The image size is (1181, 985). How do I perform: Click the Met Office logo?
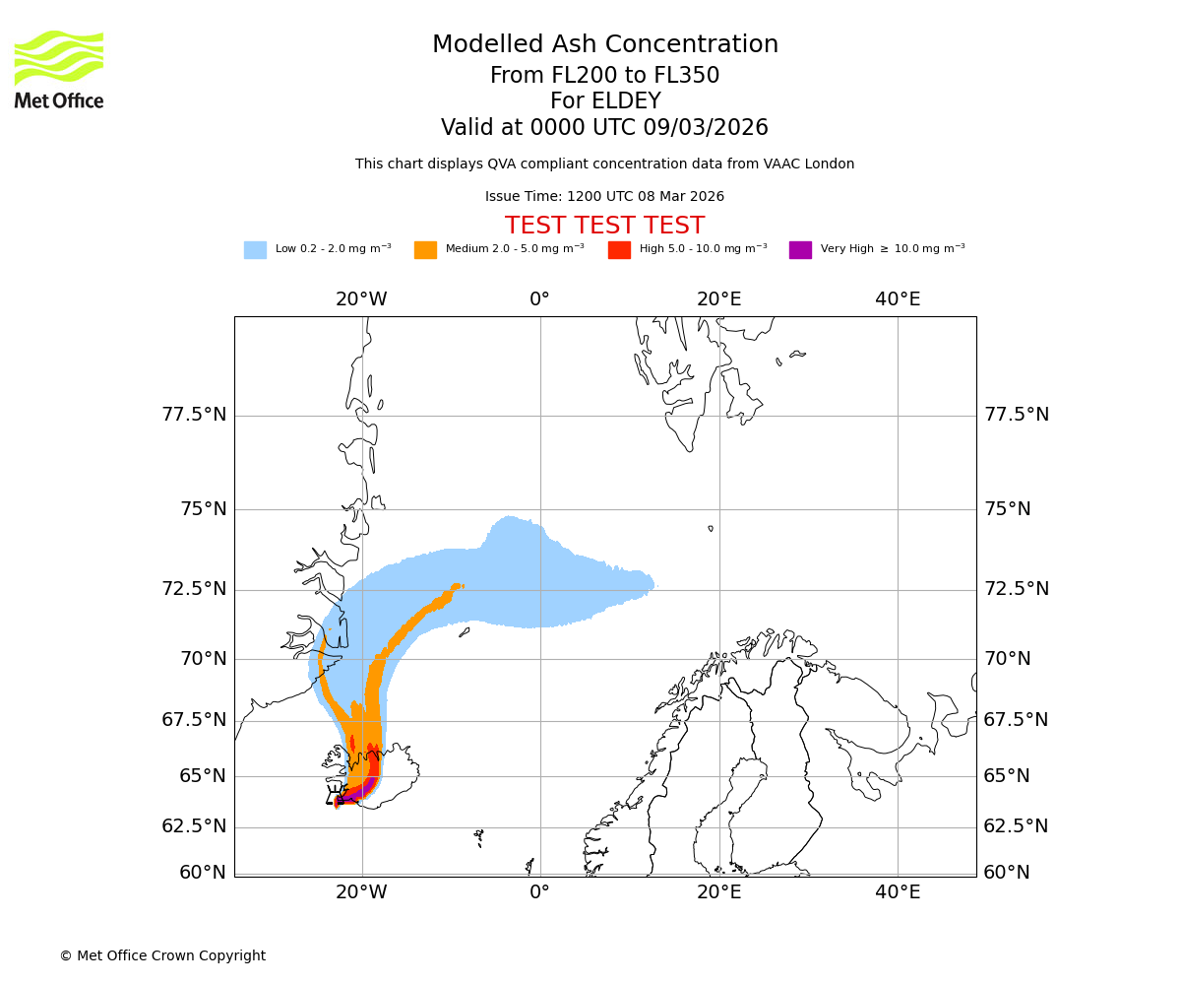pyautogui.click(x=59, y=69)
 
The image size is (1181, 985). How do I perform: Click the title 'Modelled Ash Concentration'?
pyautogui.click(x=605, y=45)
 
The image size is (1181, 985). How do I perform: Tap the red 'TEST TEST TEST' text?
pyautogui.click(x=604, y=226)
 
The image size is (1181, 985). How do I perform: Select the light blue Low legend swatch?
pyautogui.click(x=255, y=250)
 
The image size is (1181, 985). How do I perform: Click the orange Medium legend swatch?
pyautogui.click(x=425, y=250)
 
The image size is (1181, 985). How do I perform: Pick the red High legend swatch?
pyautogui.click(x=619, y=250)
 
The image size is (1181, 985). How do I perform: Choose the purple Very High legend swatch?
pyautogui.click(x=800, y=250)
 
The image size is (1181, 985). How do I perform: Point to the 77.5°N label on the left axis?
pyautogui.click(x=194, y=415)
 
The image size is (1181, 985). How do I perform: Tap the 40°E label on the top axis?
pyautogui.click(x=898, y=299)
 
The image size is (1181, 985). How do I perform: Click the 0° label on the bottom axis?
pyautogui.click(x=539, y=892)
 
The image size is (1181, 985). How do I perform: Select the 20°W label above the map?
pyautogui.click(x=361, y=299)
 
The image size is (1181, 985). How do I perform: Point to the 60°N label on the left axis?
pyautogui.click(x=202, y=873)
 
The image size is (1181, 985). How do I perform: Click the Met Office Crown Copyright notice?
pyautogui.click(x=162, y=956)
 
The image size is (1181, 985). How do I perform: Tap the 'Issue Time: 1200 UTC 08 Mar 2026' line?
pyautogui.click(x=604, y=197)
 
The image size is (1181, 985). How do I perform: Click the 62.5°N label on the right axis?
pyautogui.click(x=1016, y=826)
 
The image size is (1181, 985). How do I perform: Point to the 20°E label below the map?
pyautogui.click(x=718, y=892)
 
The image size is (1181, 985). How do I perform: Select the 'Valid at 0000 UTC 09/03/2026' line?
pyautogui.click(x=604, y=128)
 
